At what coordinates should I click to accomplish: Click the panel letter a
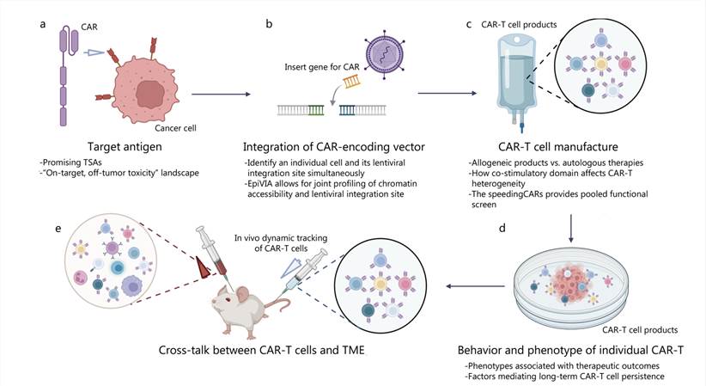42,25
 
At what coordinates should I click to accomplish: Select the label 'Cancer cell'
187,127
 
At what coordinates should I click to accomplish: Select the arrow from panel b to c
438,93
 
